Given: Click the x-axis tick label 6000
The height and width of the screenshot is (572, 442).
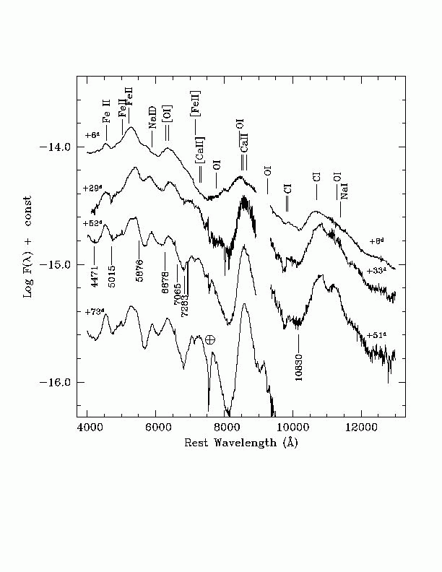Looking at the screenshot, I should click(156, 428).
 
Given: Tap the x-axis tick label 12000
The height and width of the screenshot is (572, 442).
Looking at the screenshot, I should click(360, 428).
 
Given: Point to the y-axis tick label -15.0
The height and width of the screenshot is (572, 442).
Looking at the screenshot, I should click(58, 265).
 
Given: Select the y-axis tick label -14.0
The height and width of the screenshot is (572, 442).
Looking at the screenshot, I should click(58, 147).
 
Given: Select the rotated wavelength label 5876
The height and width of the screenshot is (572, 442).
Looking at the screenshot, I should click(140, 275).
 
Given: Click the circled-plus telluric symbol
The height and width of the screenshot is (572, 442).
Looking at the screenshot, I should click(210, 339).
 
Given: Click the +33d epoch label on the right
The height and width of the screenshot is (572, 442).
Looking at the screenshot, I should click(376, 271).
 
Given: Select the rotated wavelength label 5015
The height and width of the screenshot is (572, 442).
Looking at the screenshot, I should click(112, 277).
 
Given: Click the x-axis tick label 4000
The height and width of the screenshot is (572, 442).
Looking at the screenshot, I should click(88, 428).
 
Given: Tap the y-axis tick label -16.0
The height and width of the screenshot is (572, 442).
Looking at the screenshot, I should click(58, 383).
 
